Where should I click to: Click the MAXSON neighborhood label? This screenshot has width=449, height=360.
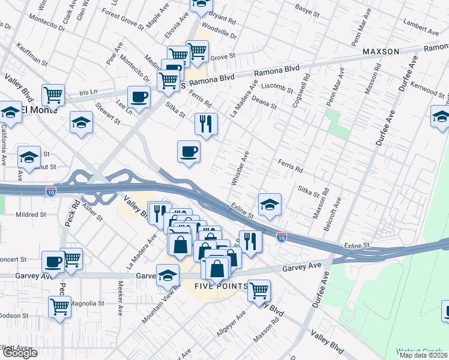click(x=381, y=52)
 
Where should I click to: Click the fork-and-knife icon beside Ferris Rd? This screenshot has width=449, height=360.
click(x=206, y=124)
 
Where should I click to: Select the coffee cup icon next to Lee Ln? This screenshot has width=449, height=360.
click(x=139, y=97)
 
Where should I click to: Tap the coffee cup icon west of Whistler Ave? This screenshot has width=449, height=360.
click(x=188, y=151)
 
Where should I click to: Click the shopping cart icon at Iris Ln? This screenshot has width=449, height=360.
click(x=53, y=94)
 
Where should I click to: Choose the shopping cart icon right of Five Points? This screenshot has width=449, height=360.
click(x=259, y=291)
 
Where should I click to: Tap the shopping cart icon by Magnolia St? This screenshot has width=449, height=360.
click(x=60, y=307)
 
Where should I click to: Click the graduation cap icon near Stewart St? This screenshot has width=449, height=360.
click(x=81, y=123)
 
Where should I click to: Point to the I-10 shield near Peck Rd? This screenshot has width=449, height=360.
click(x=51, y=191)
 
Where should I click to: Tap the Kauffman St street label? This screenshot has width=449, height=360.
click(x=32, y=53)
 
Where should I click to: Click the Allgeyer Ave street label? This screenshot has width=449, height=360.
click(x=232, y=325)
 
